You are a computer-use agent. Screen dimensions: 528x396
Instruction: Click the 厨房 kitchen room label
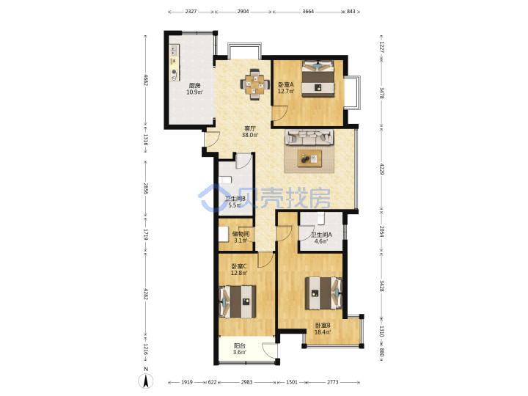coord(194,86)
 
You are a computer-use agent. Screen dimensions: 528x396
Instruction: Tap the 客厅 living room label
coord(250,128)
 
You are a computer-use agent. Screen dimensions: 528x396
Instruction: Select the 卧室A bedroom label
coord(286,85)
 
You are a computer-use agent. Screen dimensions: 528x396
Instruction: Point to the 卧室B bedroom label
coord(323,326)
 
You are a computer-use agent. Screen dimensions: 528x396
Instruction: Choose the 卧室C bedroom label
coord(239,266)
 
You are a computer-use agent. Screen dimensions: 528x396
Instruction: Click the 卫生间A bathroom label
coord(321,235)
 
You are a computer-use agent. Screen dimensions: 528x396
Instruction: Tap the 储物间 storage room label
coord(241,234)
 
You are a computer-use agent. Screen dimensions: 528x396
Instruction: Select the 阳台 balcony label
coord(239,346)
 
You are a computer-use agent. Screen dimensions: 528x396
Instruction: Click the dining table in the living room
coord(255,84)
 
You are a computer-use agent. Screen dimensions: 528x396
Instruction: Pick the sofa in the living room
coord(309,137)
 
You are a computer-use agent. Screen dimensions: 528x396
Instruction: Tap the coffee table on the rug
coord(309,158)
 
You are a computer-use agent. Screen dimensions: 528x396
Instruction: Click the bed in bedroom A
coord(318,78)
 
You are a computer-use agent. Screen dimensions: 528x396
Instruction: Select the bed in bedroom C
coord(238,301)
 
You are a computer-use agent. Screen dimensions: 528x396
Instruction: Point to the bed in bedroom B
coord(324,293)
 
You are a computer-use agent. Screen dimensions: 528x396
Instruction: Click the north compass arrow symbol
coord(146,381)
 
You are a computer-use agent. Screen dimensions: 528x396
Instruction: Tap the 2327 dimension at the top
coord(191,12)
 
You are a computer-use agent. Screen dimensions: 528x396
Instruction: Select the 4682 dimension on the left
coord(146,80)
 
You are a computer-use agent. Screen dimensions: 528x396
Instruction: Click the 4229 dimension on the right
coord(382,169)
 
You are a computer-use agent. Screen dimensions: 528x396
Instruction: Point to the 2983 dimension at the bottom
coord(247,382)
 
